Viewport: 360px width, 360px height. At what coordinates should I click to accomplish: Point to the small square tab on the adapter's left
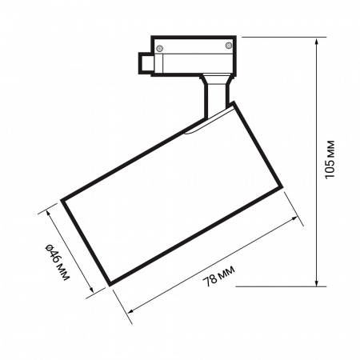click(144, 62)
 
